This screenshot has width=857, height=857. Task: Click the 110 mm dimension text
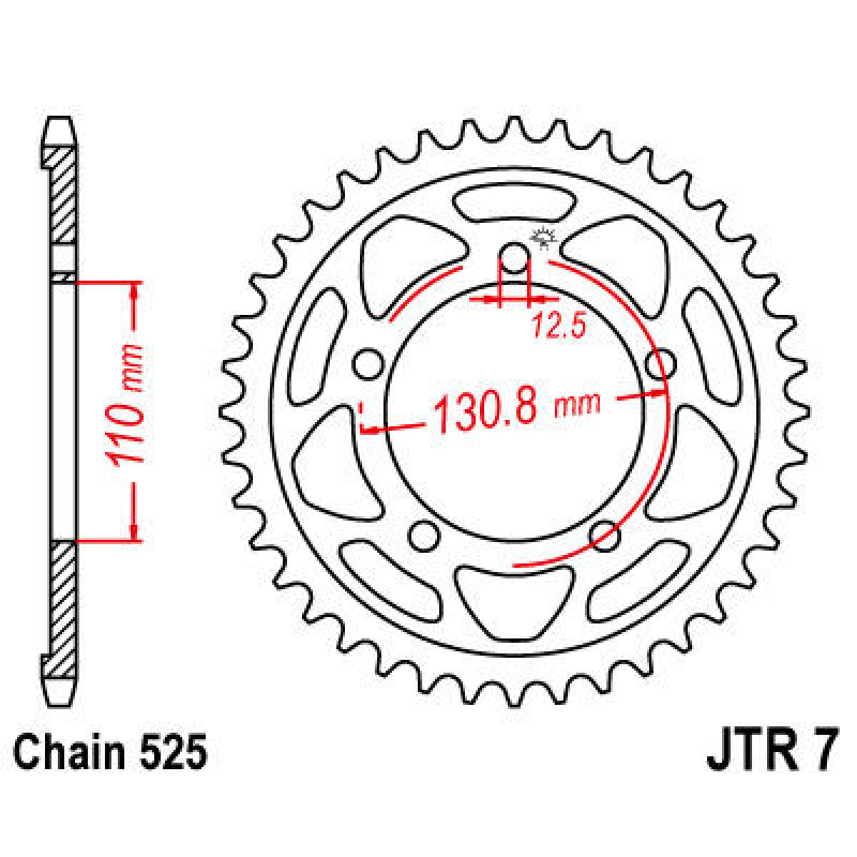(124, 404)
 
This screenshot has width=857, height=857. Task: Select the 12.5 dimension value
(558, 326)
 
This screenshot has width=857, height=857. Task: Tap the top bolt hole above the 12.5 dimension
(514, 259)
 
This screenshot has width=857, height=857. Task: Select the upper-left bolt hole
(368, 364)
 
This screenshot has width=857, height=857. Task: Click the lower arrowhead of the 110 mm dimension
(134, 531)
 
